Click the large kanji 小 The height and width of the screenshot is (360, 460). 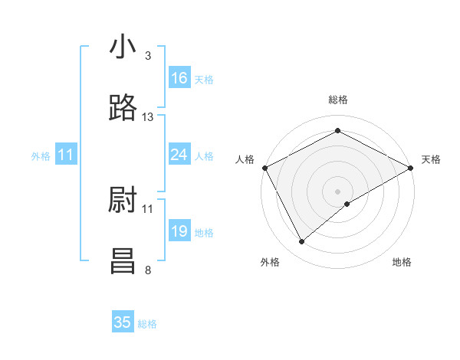point(123,47)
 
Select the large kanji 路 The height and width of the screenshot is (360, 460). point(123,108)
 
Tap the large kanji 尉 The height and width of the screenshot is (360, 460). point(123,200)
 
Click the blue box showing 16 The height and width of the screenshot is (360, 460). point(179,78)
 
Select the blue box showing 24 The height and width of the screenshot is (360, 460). point(179,155)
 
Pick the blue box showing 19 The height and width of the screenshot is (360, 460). point(179,232)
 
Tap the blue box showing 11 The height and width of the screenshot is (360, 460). point(66,155)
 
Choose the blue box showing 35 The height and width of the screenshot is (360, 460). point(123,322)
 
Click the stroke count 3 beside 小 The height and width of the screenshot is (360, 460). point(147,55)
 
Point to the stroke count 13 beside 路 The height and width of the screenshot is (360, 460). point(148,117)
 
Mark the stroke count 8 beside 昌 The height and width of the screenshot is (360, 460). point(147,269)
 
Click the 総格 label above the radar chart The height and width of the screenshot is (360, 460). point(338,100)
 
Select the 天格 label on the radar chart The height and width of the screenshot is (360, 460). point(432,159)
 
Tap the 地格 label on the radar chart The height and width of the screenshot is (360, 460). point(402,262)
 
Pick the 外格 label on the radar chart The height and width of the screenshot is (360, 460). point(270,262)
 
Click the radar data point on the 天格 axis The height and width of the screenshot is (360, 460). point(410,167)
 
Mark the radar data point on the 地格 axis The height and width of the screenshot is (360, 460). point(347,204)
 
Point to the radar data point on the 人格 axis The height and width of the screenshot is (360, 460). point(264,167)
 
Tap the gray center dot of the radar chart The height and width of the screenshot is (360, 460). point(338,191)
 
